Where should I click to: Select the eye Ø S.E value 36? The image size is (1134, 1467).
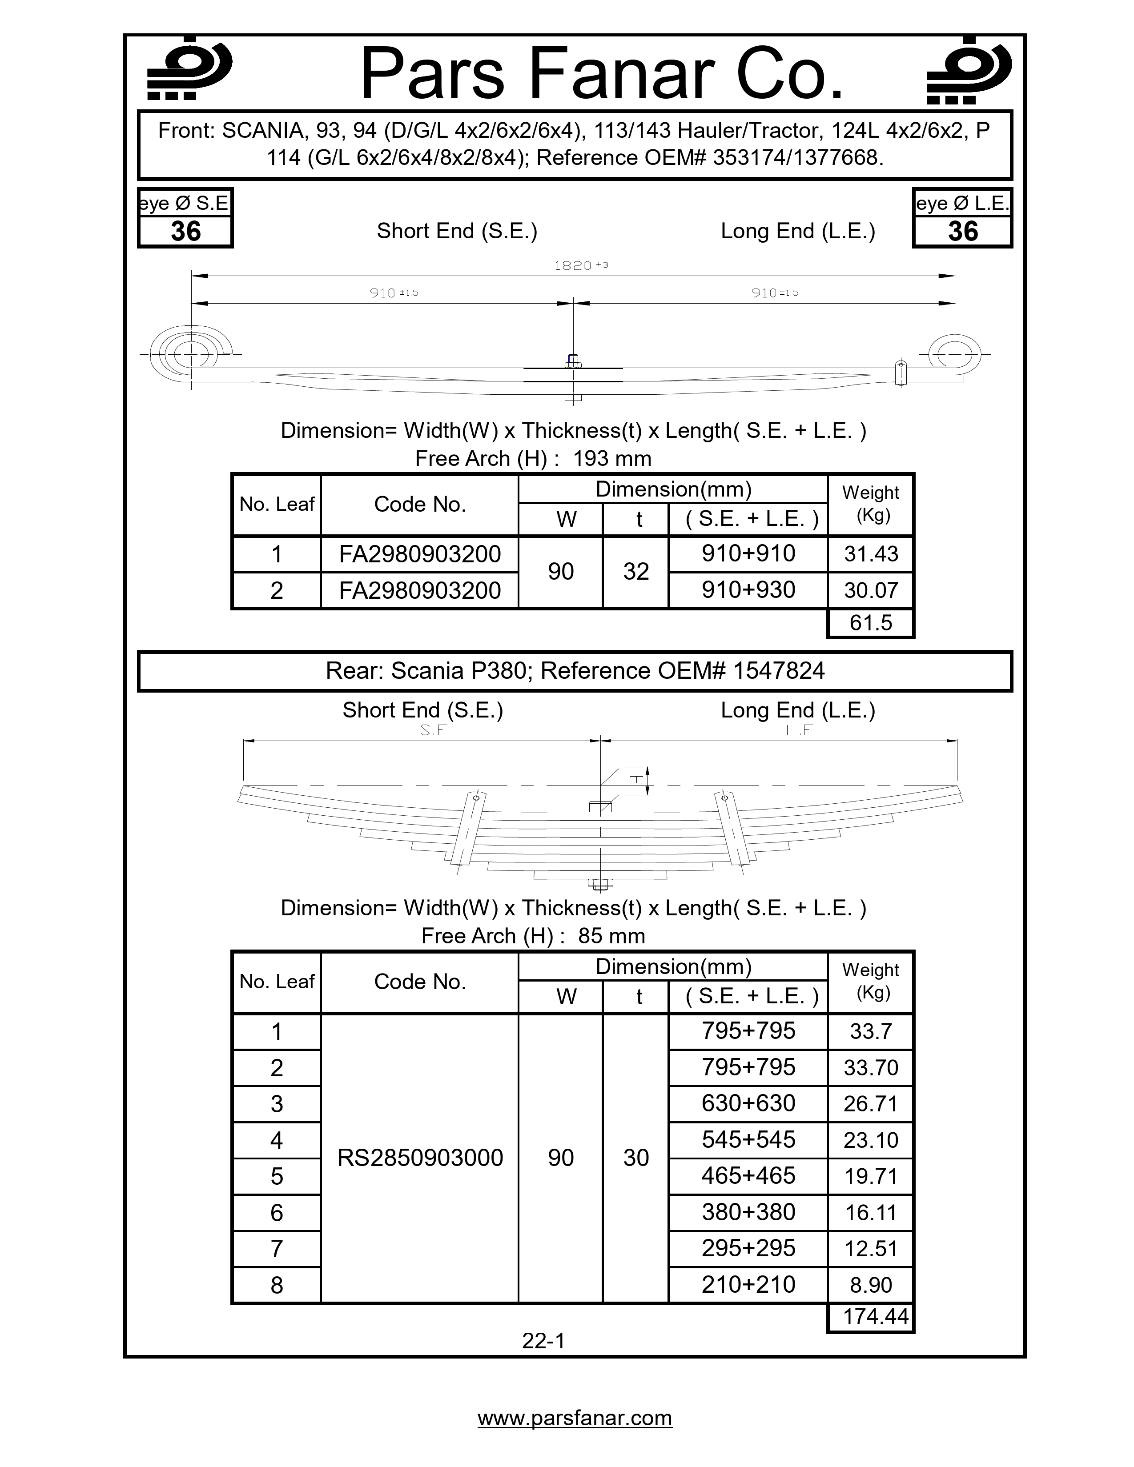(185, 232)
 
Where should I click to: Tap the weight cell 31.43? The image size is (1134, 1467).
(871, 554)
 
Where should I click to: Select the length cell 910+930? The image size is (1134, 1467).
(748, 590)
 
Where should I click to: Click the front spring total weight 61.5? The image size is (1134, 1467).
(871, 623)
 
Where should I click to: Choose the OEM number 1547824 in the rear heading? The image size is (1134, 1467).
(779, 670)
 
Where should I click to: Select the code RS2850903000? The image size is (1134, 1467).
(420, 1157)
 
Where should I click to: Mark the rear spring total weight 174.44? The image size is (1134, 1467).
(875, 1316)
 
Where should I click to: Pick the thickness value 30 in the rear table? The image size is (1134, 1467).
(635, 1157)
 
